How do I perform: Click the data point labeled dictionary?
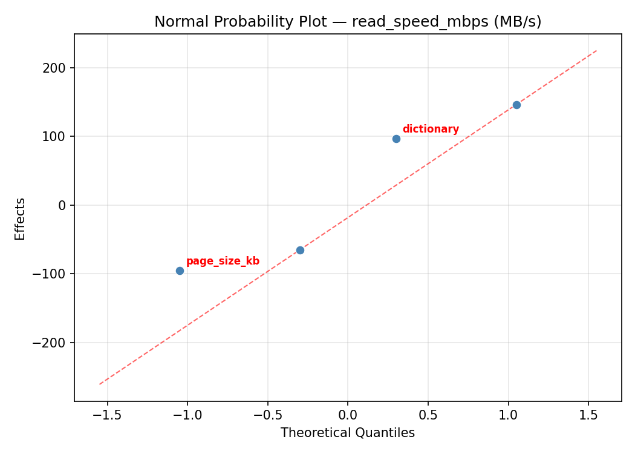point(396,139)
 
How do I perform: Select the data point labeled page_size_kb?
point(180,271)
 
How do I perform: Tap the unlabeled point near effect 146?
point(516,105)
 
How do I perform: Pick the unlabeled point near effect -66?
point(300,250)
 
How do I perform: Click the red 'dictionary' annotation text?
point(431,129)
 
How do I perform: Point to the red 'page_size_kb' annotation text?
point(223,261)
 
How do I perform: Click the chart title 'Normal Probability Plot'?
point(348,22)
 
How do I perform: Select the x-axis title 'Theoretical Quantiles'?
point(348,433)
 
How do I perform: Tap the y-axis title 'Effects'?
point(21,219)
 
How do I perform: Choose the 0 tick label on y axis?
point(62,205)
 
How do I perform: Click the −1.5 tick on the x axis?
point(107,415)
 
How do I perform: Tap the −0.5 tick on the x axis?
point(267,415)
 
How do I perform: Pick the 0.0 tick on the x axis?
point(348,415)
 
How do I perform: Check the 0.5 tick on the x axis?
point(428,415)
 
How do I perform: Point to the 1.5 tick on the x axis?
point(588,415)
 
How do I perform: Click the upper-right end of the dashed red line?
point(596,51)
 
